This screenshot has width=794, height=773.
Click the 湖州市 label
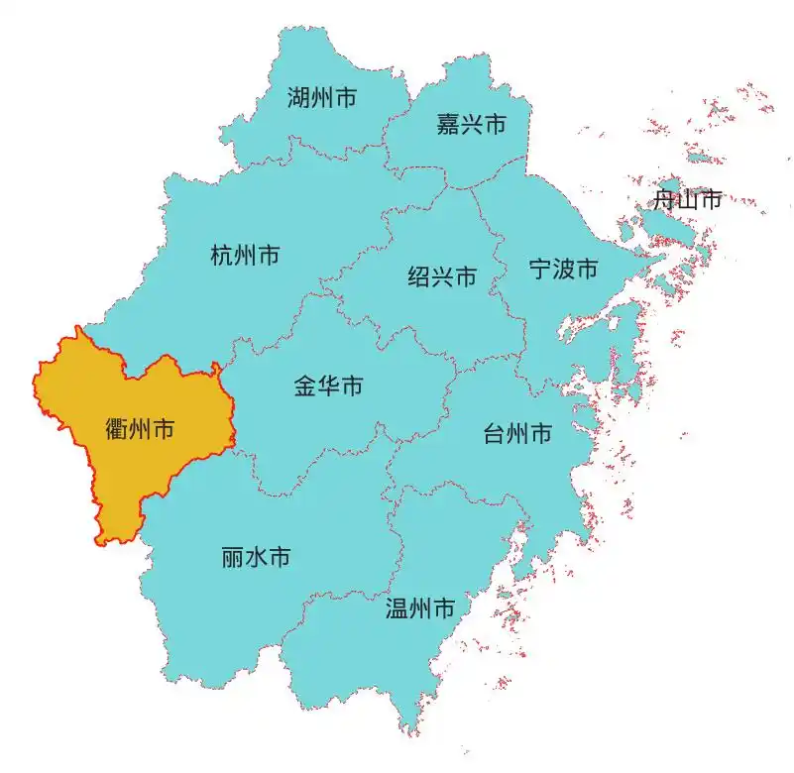coord(322,98)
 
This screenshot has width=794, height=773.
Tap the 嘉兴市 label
coord(471,125)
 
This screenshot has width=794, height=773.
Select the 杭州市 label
coord(245,256)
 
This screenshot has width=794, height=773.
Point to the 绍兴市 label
coord(442,276)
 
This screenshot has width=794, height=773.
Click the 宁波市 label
coord(563,269)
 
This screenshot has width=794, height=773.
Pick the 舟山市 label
coord(687,200)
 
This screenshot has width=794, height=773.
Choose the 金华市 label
coord(328,386)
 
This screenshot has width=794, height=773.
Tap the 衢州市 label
coord(140,429)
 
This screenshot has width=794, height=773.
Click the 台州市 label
coord(517,434)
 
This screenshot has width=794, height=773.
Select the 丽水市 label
coord(256,558)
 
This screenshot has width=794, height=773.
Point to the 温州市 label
coord(419,607)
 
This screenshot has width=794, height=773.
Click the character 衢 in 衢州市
coord(116,429)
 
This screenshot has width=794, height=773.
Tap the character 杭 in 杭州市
coord(221,256)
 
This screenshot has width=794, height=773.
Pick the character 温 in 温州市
coord(397,607)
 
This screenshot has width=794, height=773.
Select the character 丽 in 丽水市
coord(233,558)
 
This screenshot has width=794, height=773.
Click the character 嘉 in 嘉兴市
coord(447,125)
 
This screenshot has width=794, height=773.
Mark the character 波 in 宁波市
coord(563,269)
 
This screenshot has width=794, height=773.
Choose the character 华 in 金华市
coord(328,386)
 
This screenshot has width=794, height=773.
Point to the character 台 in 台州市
coord(494,434)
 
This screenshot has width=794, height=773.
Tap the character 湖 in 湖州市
coord(298,98)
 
